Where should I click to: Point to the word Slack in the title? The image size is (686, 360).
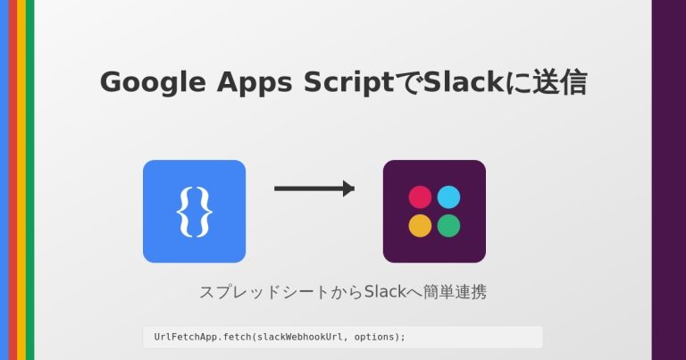click(457, 82)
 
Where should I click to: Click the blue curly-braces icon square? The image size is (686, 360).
click(194, 211)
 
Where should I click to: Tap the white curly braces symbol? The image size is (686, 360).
click(194, 212)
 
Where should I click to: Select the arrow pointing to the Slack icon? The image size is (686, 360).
click(314, 188)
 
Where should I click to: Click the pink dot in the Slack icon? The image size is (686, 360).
click(420, 197)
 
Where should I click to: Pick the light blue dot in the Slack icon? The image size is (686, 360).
click(448, 197)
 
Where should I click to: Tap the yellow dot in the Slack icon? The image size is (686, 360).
click(420, 226)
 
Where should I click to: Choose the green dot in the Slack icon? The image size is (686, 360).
click(448, 226)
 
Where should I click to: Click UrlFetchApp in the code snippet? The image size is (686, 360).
click(182, 337)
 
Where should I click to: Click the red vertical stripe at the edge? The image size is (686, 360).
click(13, 179)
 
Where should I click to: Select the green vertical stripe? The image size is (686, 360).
click(29, 179)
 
